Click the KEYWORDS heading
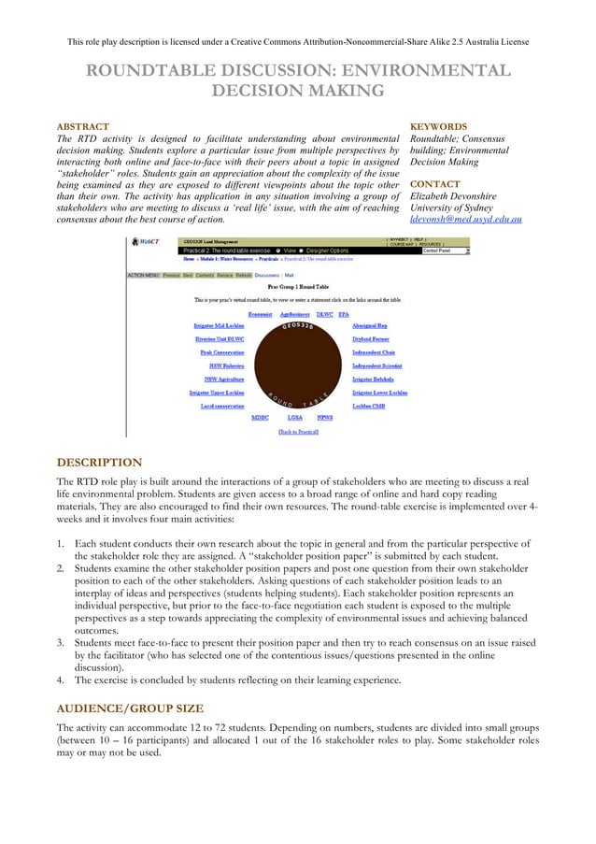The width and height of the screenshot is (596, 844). (439, 126)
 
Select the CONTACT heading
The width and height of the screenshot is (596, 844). (434, 184)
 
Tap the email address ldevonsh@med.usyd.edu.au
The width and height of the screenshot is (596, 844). (465, 220)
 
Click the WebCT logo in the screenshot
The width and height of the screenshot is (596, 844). (144, 242)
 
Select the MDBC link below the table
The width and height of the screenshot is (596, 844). (261, 418)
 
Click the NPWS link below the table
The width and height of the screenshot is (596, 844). (325, 418)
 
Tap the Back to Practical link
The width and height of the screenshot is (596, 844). (299, 432)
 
